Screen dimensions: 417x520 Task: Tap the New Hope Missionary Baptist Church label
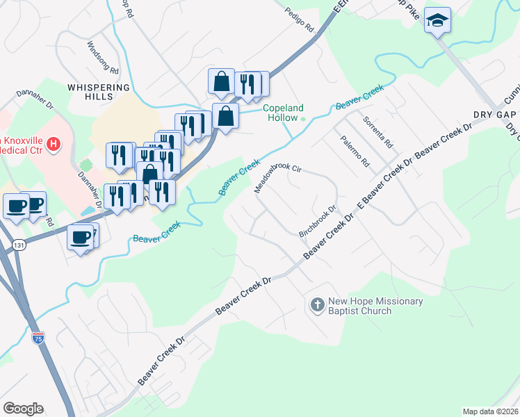[x=375, y=306]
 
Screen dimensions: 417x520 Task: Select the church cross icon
[x=317, y=304]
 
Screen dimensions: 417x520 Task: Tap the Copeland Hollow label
[x=283, y=113]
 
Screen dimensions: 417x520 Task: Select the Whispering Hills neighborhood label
[x=99, y=92]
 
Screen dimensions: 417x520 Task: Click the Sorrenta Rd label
[x=378, y=131]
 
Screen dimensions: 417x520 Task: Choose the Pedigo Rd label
[x=300, y=22]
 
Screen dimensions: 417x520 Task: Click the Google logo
[x=23, y=409]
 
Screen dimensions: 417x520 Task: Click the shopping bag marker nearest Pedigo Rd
[x=221, y=81]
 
